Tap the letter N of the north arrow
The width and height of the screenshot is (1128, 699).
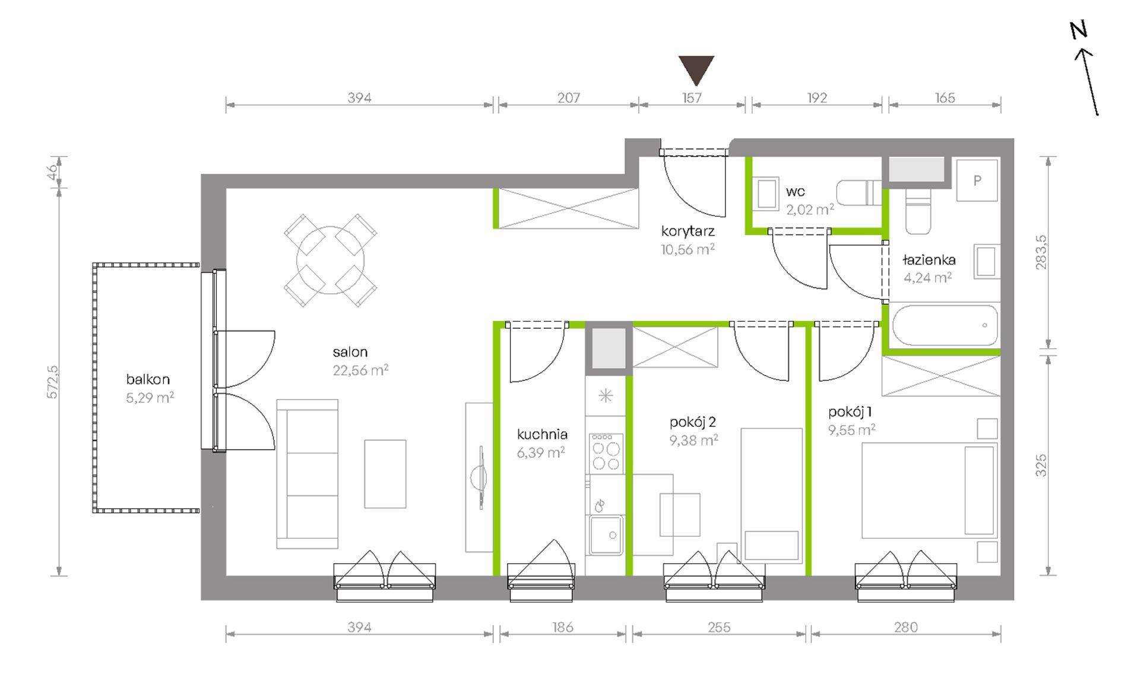(x=1078, y=30)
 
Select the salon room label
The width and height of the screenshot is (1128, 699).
(x=350, y=352)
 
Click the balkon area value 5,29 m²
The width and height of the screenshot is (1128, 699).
(x=150, y=397)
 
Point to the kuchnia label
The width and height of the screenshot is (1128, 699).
(x=542, y=434)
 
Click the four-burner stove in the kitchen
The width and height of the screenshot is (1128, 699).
(x=606, y=453)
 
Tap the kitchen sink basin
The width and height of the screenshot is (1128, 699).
(x=606, y=535)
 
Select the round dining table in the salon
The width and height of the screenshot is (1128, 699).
(x=330, y=260)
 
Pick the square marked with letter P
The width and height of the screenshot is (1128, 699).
(x=977, y=180)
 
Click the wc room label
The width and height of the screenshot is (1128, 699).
(x=795, y=192)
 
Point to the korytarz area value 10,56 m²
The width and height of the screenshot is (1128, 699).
(x=687, y=249)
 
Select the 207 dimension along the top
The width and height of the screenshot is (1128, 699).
(x=568, y=97)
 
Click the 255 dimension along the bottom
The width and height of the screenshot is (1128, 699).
(x=719, y=627)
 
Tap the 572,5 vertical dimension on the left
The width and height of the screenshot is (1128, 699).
(x=52, y=382)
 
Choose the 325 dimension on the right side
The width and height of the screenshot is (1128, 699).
(x=1041, y=466)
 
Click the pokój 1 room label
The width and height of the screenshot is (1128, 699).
(x=850, y=412)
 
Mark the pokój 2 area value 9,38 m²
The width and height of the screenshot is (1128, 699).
(x=694, y=440)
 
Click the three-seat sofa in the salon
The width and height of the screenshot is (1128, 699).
(x=308, y=474)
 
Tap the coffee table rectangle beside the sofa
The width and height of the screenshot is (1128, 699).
(x=385, y=474)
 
